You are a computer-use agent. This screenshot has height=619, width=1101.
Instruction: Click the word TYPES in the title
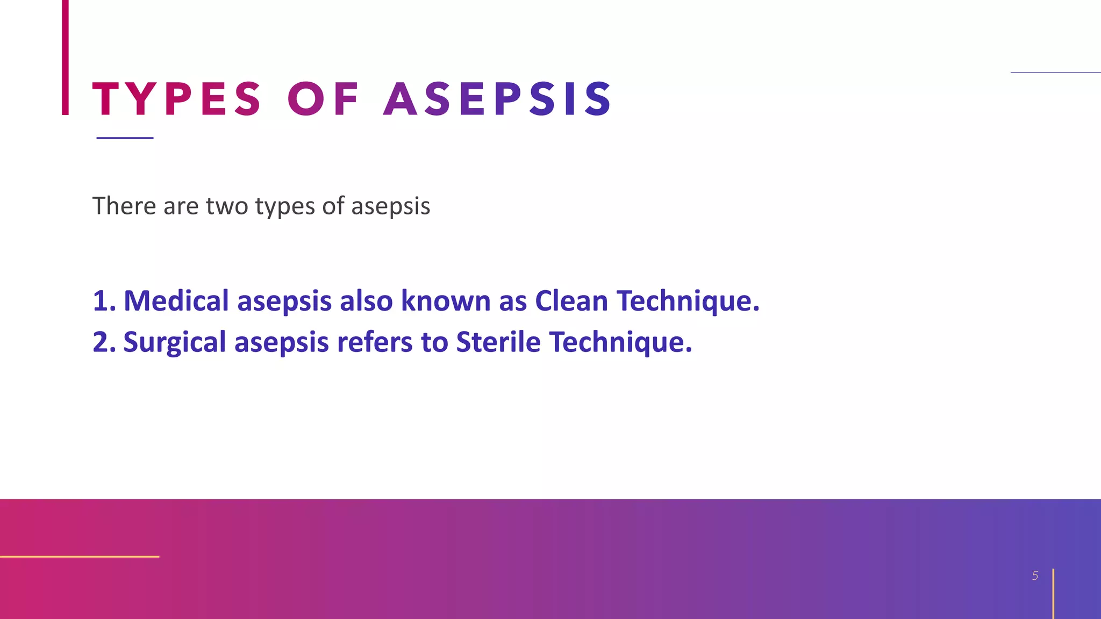click(x=176, y=99)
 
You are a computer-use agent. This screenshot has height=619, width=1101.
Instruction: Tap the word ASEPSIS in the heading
click(x=497, y=99)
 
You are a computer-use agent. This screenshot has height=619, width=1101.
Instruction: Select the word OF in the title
click(x=323, y=99)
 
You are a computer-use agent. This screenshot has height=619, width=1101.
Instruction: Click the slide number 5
click(x=1035, y=576)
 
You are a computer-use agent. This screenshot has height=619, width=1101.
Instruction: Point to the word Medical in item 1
click(x=176, y=301)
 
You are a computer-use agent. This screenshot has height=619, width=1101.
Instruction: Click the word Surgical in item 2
click(x=175, y=342)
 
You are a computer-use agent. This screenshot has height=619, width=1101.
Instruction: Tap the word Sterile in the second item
click(x=498, y=342)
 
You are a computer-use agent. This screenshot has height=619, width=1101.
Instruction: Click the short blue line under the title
click(x=125, y=138)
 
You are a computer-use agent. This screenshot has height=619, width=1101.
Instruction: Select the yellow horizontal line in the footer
click(x=80, y=557)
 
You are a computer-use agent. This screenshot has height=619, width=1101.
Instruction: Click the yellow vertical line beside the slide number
click(x=1053, y=594)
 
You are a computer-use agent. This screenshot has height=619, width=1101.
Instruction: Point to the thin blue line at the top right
click(x=1055, y=72)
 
